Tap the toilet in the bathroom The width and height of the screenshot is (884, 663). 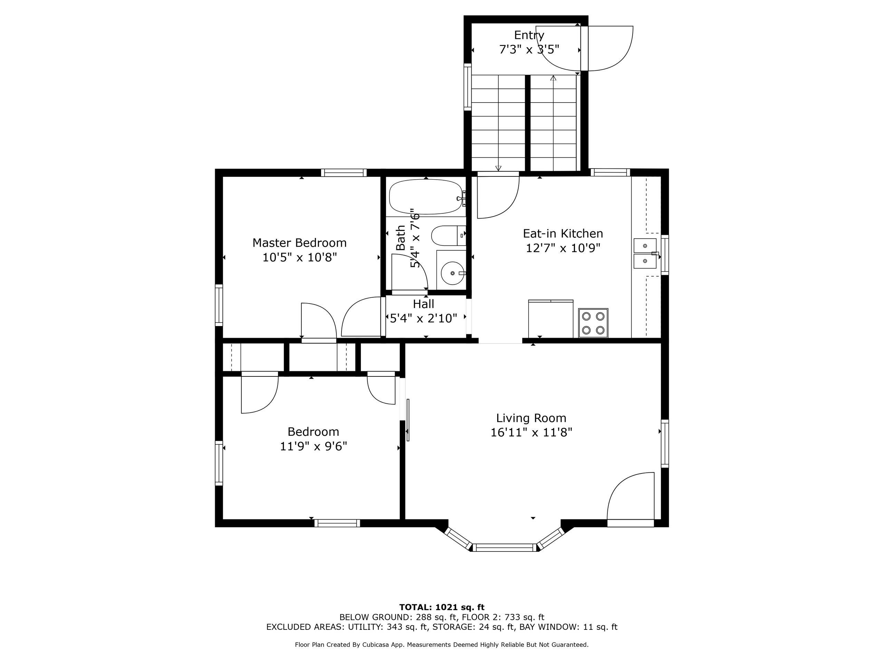coord(449,236)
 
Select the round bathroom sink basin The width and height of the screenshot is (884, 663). coord(453,273)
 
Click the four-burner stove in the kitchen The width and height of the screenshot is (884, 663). coord(593,323)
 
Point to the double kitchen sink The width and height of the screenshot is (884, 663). coord(645,253)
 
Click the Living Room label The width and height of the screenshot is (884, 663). coord(531,418)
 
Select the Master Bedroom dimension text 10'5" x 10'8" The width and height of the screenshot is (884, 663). coord(300,257)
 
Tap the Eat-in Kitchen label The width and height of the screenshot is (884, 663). coord(563,233)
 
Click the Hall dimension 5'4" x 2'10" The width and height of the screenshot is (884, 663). coord(423,318)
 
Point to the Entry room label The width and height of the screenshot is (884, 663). coord(529,36)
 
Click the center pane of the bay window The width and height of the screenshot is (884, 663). coord(505,548)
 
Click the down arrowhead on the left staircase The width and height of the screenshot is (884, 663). coord(498,168)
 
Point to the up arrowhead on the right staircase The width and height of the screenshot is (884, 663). coord(553,78)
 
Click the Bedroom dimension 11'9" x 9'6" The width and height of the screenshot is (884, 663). coord(313,446)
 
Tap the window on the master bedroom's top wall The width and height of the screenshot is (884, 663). coord(344,173)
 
